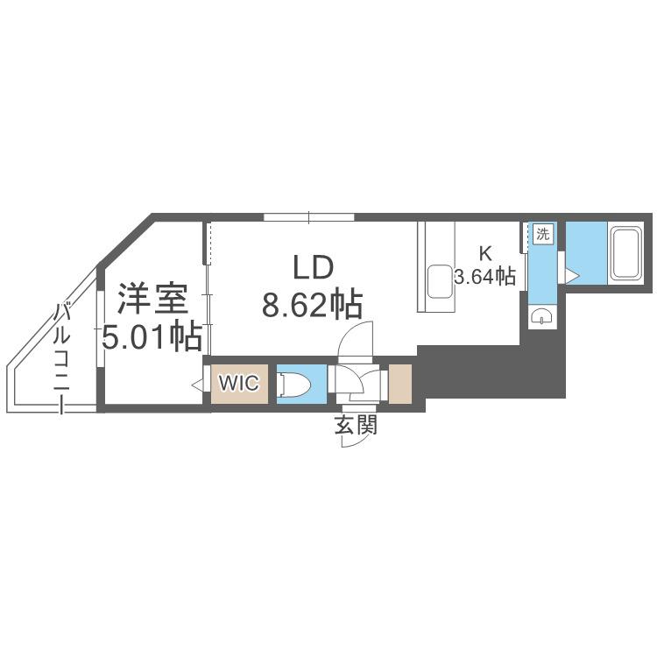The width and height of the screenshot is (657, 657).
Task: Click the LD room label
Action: (313, 268)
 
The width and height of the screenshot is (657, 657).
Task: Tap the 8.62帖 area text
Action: (312, 305)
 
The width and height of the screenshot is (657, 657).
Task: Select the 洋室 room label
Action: (152, 299)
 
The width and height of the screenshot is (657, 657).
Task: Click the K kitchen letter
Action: (485, 253)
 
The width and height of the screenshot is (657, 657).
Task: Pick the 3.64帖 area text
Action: (485, 277)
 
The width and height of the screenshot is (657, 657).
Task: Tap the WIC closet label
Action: (239, 383)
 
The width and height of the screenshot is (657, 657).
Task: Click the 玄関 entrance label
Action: (356, 425)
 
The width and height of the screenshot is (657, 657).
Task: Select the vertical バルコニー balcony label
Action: (61, 357)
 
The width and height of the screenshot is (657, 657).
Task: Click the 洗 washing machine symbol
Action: (543, 234)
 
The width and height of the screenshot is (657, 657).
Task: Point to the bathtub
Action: (626, 254)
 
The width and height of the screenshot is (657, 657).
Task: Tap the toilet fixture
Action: (295, 385)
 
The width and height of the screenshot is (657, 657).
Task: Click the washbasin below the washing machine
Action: (542, 316)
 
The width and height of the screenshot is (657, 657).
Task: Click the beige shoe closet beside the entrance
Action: (400, 385)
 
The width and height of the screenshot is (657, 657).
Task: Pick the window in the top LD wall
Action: (309, 217)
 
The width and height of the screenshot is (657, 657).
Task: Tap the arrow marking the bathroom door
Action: (572, 276)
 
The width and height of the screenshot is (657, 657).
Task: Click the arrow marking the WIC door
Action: (197, 384)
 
